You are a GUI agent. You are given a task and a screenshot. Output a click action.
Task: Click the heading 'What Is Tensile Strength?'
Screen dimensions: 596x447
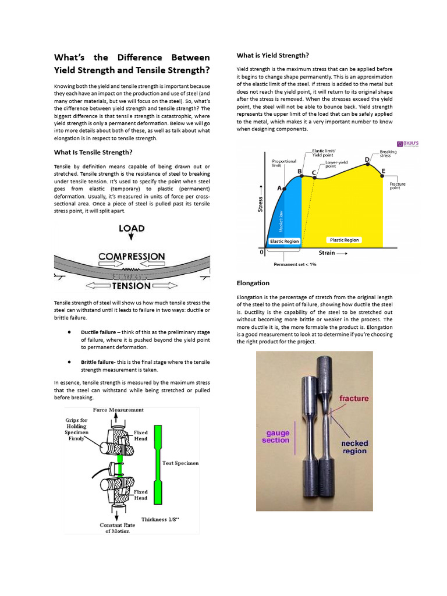point(93,152)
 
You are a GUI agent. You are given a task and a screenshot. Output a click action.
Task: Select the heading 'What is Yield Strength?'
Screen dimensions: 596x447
point(272,55)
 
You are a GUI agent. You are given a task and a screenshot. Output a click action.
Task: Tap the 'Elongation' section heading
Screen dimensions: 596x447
point(253,283)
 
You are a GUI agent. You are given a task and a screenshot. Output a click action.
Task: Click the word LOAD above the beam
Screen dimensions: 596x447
point(132,228)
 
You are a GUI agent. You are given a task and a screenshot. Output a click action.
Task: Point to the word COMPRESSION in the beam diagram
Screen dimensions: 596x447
point(132,257)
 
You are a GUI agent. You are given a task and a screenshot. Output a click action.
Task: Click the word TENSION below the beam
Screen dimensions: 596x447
point(132,286)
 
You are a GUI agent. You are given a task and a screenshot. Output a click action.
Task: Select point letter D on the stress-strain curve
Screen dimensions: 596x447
point(367,159)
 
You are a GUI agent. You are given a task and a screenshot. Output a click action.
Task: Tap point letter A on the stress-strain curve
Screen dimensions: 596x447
point(279,189)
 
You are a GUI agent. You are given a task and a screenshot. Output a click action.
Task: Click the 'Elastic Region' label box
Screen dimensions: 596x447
point(284,241)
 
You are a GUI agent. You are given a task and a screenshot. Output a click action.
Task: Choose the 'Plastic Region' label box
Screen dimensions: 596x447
point(345,240)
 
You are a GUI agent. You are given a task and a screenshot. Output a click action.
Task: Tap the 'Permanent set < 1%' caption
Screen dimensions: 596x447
point(295,264)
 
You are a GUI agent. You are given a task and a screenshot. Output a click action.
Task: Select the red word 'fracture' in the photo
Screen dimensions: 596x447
point(354,399)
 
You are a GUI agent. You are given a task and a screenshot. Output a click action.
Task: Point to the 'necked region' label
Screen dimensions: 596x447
point(354,447)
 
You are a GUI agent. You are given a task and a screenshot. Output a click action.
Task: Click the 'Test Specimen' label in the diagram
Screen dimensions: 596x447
point(180,463)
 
